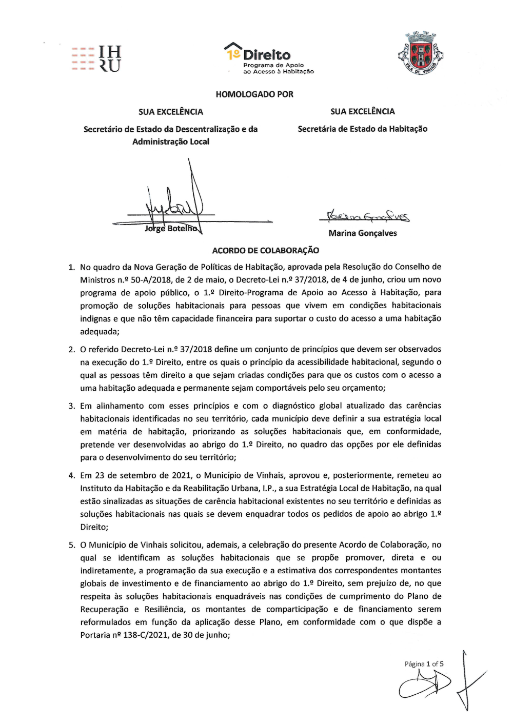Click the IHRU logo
click(x=96, y=58)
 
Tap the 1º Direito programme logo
click(x=268, y=58)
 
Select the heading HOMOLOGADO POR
click(x=254, y=94)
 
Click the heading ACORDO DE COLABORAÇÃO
click(x=265, y=251)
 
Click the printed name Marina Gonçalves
click(x=363, y=233)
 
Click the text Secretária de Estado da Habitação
click(x=362, y=129)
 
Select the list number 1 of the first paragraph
click(x=71, y=267)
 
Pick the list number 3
click(x=72, y=406)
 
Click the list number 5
click(x=72, y=545)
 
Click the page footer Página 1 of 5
click(x=424, y=664)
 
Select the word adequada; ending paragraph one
click(x=100, y=332)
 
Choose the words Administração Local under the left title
click(x=170, y=142)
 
